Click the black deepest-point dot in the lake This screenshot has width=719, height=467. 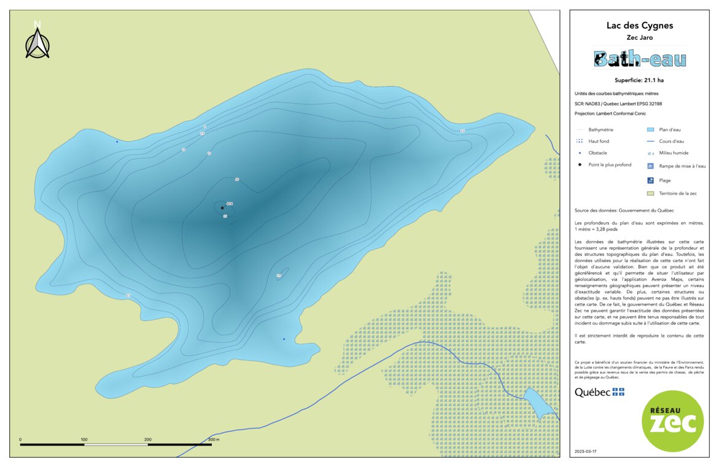point(222,208)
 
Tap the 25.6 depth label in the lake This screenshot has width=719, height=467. point(229,203)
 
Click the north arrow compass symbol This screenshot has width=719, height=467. point(37,41)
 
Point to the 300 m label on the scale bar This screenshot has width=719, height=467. point(213,440)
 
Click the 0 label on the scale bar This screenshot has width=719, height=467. point(20,440)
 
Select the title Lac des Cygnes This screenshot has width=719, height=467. point(639,26)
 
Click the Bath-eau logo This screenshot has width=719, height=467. point(639,59)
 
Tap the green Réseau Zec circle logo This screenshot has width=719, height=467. point(672,421)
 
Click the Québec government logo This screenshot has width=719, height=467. point(599,392)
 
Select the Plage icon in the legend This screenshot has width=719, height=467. point(650,180)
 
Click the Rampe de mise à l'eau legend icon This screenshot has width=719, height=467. point(650,166)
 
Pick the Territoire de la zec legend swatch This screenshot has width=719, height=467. point(650,193)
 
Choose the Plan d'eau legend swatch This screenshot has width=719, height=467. point(650,130)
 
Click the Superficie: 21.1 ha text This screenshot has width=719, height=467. point(639,80)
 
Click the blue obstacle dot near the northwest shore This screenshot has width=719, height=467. point(117,141)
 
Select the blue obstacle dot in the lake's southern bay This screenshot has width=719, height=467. point(284,339)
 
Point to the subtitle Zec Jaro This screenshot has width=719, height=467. point(639,37)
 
